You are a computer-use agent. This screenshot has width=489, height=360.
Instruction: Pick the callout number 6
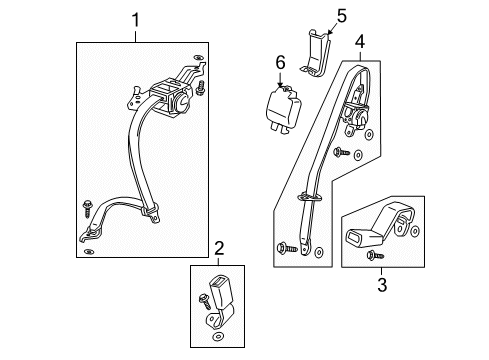click(x=281, y=62)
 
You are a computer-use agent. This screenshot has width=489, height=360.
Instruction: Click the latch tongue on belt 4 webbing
click(x=309, y=197)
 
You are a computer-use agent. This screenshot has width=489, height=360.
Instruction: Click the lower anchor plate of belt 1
click(x=93, y=236)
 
